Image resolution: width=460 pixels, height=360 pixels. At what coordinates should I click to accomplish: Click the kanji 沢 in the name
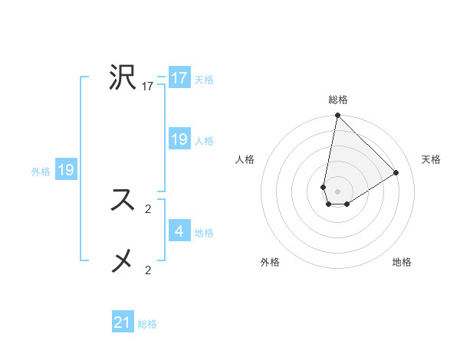pyautogui.click(x=123, y=77)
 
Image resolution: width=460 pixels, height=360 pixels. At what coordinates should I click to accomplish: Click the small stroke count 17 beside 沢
pyautogui.click(x=148, y=87)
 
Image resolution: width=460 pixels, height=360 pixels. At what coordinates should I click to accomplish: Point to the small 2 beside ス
pyautogui.click(x=148, y=208)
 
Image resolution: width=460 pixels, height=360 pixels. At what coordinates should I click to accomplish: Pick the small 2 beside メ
pyautogui.click(x=148, y=270)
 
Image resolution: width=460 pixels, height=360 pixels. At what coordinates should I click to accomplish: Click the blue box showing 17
pyautogui.click(x=179, y=78)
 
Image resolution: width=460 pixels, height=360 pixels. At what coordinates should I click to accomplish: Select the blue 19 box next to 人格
pyautogui.click(x=179, y=139)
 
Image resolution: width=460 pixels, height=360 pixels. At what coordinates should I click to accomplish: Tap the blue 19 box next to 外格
pyautogui.click(x=66, y=170)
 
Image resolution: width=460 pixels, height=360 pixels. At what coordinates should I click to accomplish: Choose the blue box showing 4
pyautogui.click(x=179, y=231)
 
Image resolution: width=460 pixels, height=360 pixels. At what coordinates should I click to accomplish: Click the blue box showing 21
pyautogui.click(x=123, y=322)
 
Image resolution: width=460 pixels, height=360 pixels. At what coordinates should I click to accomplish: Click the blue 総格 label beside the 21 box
pyautogui.click(x=147, y=324)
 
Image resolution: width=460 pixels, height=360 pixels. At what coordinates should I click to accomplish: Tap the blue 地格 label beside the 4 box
pyautogui.click(x=204, y=232)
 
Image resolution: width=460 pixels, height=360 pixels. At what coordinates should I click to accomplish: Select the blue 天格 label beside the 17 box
pyautogui.click(x=204, y=80)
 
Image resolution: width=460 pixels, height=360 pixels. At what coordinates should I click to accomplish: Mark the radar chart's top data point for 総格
pyautogui.click(x=337, y=116)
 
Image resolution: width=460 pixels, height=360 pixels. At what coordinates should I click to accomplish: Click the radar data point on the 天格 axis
pyautogui.click(x=396, y=172)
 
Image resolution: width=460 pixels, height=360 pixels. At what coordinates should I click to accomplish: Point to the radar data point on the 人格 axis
pyautogui.click(x=324, y=187)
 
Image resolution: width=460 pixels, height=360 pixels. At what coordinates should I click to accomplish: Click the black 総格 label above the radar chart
pyautogui.click(x=338, y=100)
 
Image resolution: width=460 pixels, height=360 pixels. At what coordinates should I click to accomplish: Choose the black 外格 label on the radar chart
pyautogui.click(x=270, y=262)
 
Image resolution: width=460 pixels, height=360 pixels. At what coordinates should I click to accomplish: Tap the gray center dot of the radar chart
pyautogui.click(x=337, y=191)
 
